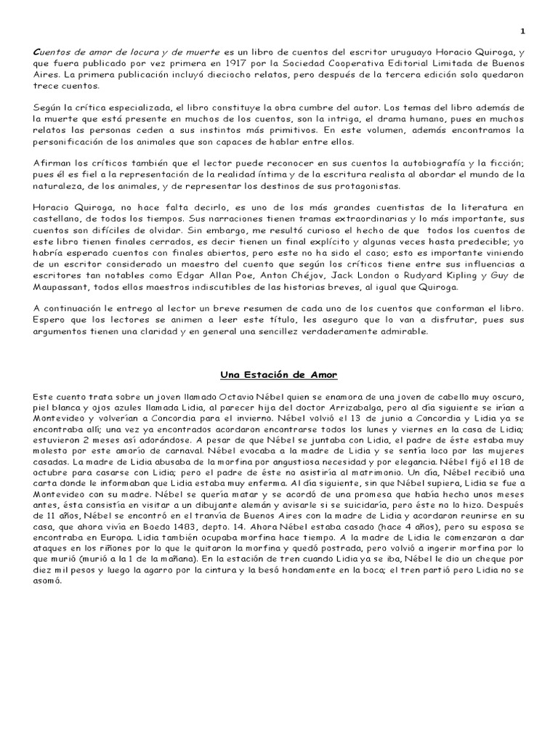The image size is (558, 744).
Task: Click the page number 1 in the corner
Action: click(522, 31)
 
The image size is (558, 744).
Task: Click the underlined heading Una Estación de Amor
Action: click(280, 374)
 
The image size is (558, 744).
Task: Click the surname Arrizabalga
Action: click(352, 409)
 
